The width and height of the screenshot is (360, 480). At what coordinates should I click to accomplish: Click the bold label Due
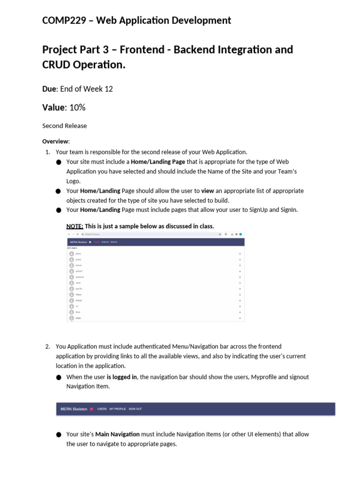pyautogui.click(x=51, y=89)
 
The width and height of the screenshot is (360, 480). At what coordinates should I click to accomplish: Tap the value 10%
pyautogui.click(x=77, y=107)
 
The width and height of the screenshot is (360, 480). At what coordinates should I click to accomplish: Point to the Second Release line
pyautogui.click(x=64, y=126)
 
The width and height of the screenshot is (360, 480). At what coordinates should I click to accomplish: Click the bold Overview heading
pyautogui.click(x=56, y=141)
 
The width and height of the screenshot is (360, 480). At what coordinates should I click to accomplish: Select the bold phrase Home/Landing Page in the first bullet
pyautogui.click(x=157, y=162)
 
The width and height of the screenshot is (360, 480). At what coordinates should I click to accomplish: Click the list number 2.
pyautogui.click(x=47, y=346)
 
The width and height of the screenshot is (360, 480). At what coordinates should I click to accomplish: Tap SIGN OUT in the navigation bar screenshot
pyautogui.click(x=135, y=409)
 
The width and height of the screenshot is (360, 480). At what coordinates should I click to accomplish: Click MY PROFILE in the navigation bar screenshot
pyautogui.click(x=118, y=409)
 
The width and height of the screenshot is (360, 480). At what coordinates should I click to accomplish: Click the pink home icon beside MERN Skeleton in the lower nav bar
pyautogui.click(x=91, y=409)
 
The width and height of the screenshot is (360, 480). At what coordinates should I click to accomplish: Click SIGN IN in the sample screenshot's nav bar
pyautogui.click(x=114, y=242)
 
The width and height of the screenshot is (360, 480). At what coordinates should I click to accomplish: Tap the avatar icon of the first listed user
pyautogui.click(x=72, y=254)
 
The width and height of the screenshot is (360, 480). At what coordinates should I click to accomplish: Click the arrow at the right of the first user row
pyautogui.click(x=240, y=254)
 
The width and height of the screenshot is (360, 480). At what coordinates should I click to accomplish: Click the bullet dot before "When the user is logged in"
pyautogui.click(x=58, y=377)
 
